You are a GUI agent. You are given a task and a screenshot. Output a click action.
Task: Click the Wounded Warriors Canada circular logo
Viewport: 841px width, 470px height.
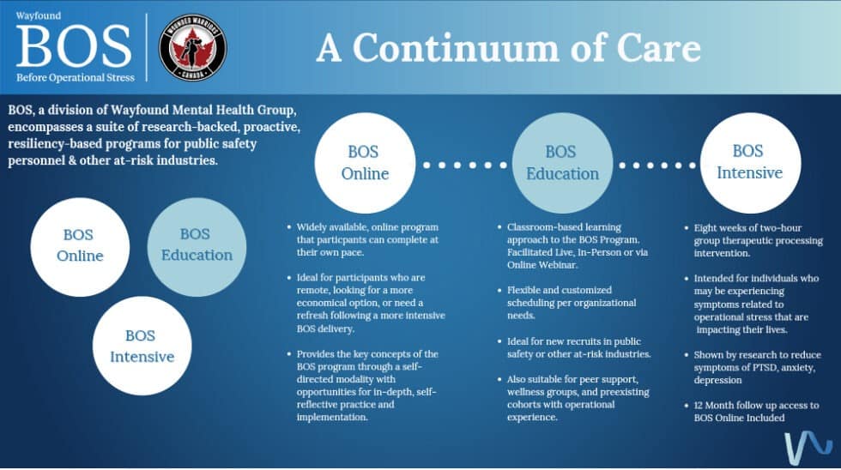[x=193, y=46]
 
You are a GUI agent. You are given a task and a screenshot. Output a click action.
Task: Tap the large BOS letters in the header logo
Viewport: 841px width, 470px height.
[x=74, y=46]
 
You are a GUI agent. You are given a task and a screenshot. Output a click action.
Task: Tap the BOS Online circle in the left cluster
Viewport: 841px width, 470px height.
[x=80, y=245]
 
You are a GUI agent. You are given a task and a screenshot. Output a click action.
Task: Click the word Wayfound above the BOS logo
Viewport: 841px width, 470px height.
[x=33, y=15]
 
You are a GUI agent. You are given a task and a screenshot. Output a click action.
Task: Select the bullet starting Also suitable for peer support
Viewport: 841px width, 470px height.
[x=573, y=398]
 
